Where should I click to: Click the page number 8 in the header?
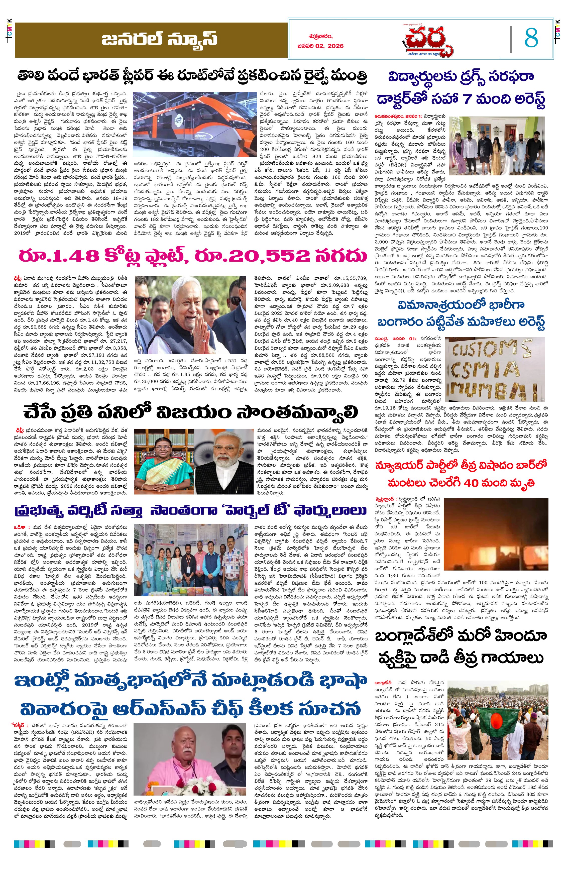click(531, 38)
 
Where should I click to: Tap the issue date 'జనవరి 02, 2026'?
click(320, 46)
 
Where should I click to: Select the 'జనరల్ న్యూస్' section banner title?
click(159, 39)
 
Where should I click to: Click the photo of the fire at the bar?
click(496, 534)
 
